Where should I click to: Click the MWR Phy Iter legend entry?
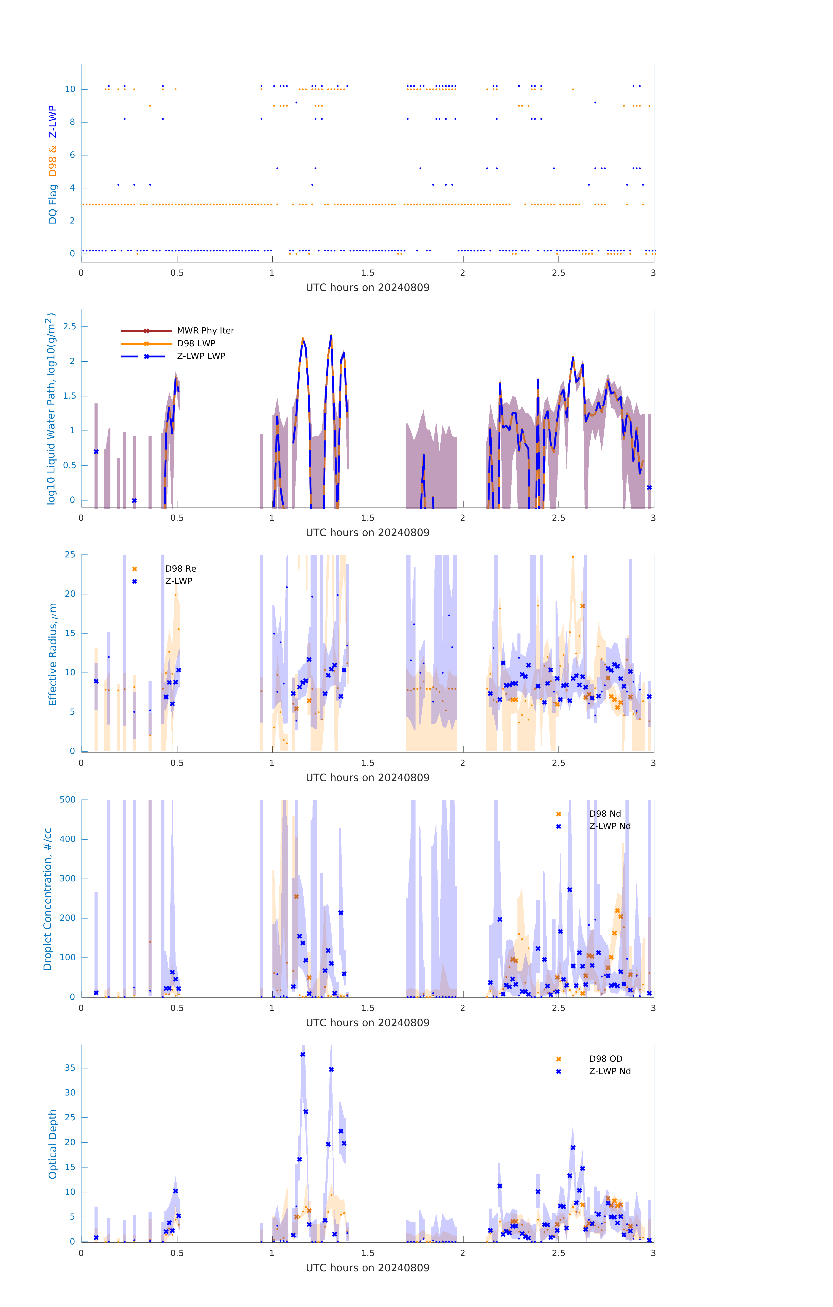click(x=205, y=330)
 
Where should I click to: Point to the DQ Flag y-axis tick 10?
click(x=70, y=89)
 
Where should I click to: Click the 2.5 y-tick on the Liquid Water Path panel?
click(x=69, y=326)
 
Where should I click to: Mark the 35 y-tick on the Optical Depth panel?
click(x=70, y=1068)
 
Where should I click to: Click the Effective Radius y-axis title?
click(x=53, y=654)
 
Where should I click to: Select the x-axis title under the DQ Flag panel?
click(x=367, y=288)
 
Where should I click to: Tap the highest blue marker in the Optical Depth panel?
click(x=303, y=1054)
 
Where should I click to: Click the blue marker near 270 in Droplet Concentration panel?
click(x=570, y=890)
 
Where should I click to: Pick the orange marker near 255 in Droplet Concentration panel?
click(x=296, y=897)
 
